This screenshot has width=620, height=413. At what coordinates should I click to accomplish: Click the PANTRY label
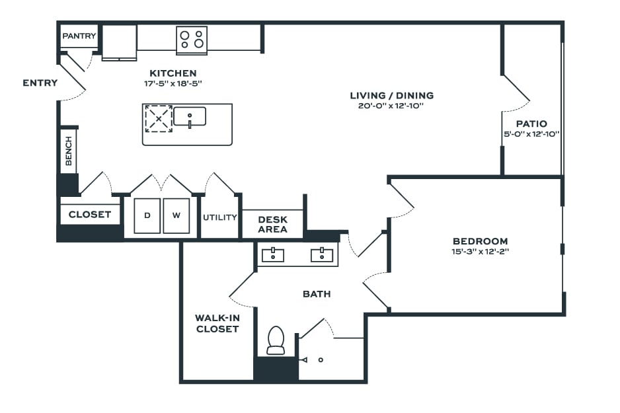pyautogui.click(x=79, y=36)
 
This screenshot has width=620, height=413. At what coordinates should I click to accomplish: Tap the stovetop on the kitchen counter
pyautogui.click(x=192, y=40)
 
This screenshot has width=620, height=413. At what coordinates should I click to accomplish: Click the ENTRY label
pyautogui.click(x=40, y=83)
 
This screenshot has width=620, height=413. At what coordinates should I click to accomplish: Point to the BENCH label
pyautogui.click(x=69, y=151)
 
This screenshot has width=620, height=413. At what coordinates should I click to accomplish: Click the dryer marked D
pyautogui.click(x=147, y=216)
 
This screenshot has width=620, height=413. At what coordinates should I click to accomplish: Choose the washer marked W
pyautogui.click(x=176, y=216)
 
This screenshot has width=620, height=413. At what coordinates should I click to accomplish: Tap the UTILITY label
pyautogui.click(x=220, y=217)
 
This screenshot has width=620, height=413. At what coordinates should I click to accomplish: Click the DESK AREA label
pyautogui.click(x=272, y=225)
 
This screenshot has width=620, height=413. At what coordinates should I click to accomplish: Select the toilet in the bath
pyautogui.click(x=276, y=340)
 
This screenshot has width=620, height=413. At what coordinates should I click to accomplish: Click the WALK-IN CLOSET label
pyautogui.click(x=217, y=323)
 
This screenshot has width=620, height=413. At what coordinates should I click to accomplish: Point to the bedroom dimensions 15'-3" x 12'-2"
pyautogui.click(x=480, y=251)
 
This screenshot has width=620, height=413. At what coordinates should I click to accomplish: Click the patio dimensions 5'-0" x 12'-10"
pyautogui.click(x=531, y=134)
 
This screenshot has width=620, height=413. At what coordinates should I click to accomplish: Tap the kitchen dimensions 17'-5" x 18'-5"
pyautogui.click(x=173, y=83)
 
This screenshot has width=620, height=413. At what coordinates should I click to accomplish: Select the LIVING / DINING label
pyautogui.click(x=392, y=95)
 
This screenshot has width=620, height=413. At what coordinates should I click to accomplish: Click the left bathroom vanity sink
pyautogui.click(x=273, y=255)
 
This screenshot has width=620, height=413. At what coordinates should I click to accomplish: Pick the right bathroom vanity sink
pyautogui.click(x=322, y=255)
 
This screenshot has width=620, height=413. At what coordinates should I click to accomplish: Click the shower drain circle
pyautogui.click(x=321, y=359)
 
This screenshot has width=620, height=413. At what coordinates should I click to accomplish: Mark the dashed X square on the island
pyautogui.click(x=159, y=118)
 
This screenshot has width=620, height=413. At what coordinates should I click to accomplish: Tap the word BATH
pyautogui.click(x=317, y=294)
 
